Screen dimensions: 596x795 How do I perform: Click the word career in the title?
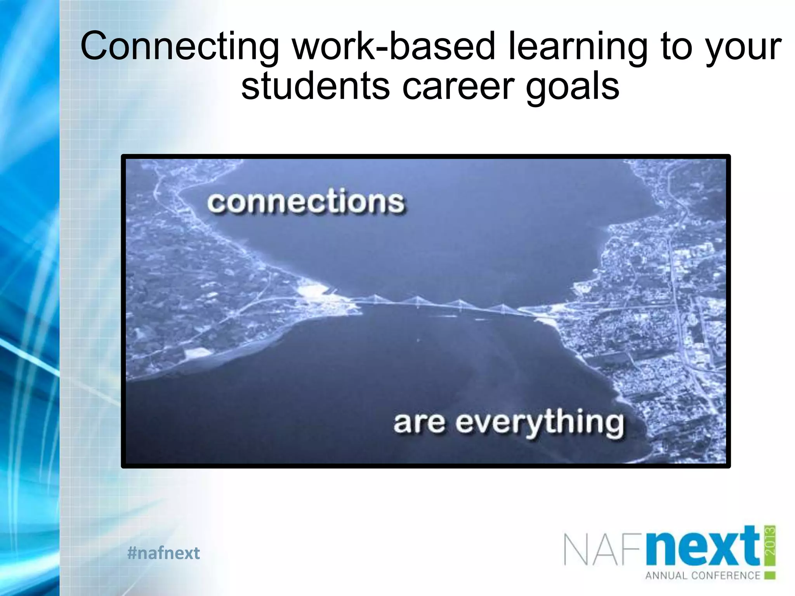coord(458,86)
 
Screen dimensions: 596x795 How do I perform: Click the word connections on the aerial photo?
coord(306,202)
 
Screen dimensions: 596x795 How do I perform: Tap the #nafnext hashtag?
coord(163,553)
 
